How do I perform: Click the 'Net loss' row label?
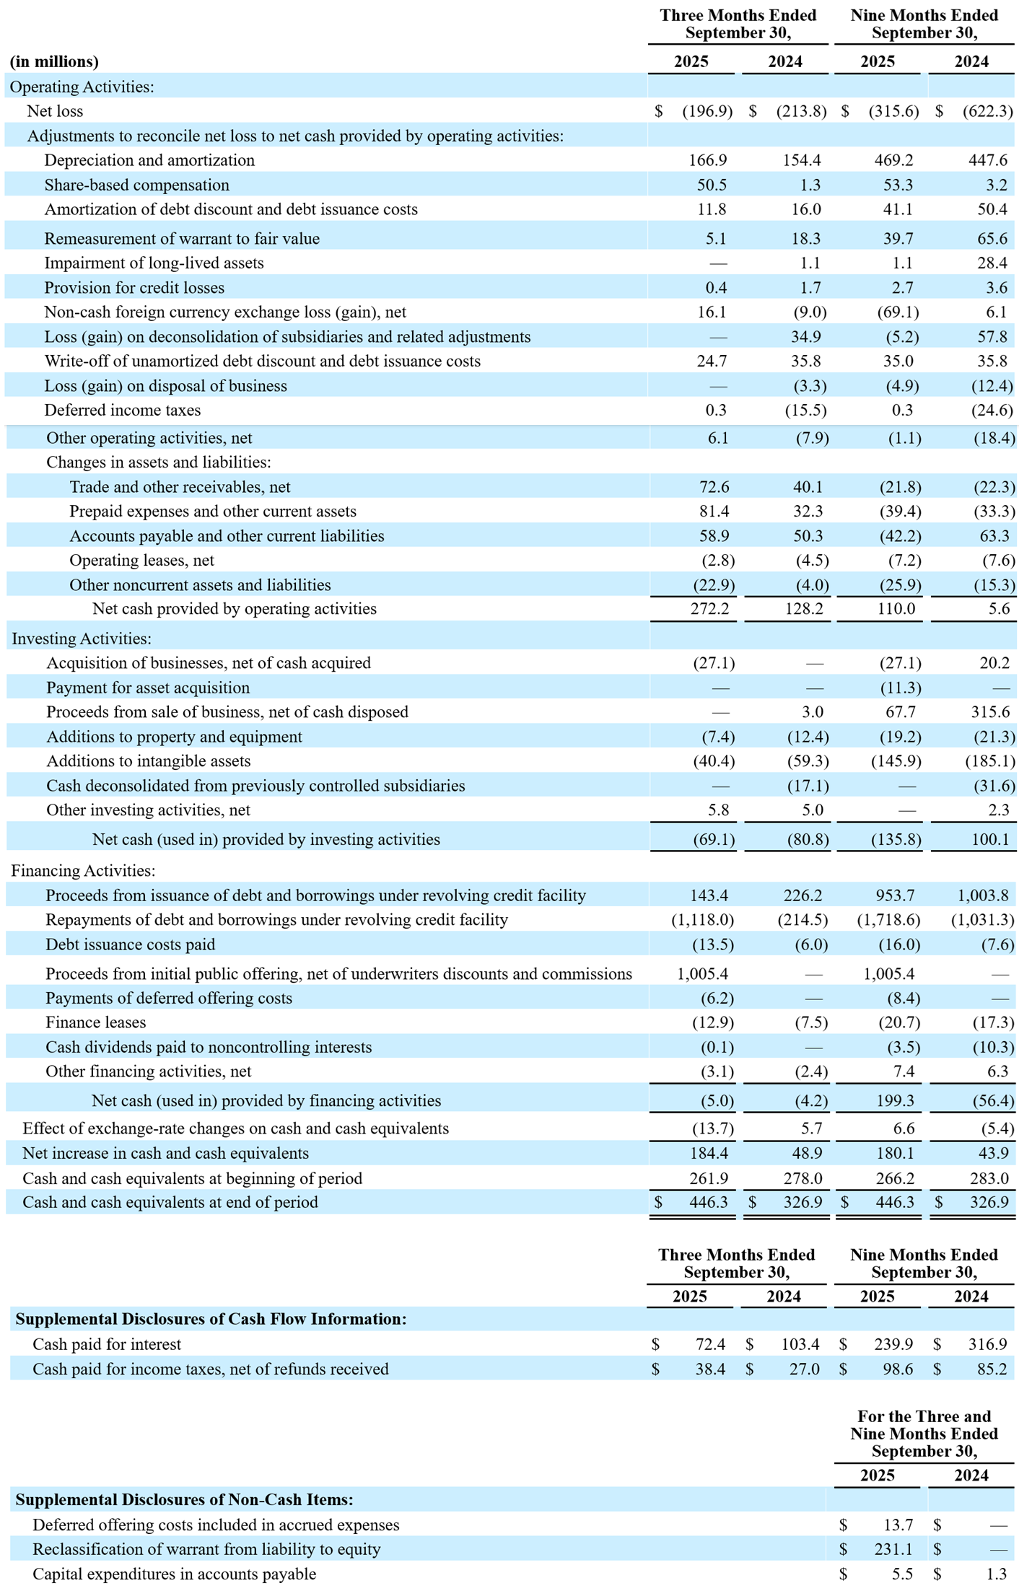coord(55,111)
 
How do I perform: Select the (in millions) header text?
coord(54,61)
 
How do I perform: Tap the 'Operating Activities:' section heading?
coord(82,87)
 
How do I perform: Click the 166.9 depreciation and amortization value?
coord(707,160)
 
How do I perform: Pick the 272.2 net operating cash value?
coord(709,609)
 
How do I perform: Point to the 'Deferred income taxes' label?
coord(123,410)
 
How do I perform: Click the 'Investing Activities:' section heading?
coord(82,639)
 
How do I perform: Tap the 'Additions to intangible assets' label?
coord(149,761)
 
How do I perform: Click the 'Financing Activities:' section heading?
coord(83,871)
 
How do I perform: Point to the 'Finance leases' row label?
coord(95,1022)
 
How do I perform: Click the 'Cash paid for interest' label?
coord(107,1344)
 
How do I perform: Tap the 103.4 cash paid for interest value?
coord(800,1344)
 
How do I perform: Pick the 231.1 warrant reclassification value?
coord(898,1549)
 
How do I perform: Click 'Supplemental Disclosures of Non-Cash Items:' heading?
coord(184,1499)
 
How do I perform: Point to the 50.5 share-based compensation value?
coord(712,185)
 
